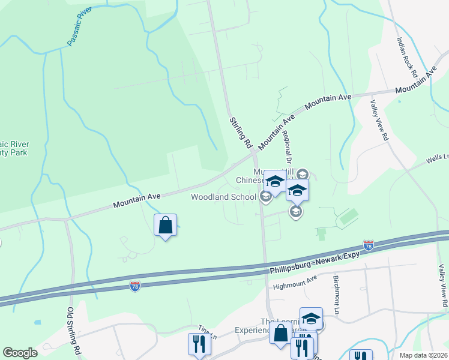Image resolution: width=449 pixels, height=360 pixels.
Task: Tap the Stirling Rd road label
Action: pos(240,133)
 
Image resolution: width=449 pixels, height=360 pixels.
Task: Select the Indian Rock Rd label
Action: pos(406,56)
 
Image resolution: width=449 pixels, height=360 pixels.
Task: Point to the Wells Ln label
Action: pos(437,158)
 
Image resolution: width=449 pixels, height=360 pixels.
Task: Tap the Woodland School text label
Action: pos(224,197)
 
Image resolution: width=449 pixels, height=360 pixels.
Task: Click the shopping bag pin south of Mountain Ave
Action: pos(165,226)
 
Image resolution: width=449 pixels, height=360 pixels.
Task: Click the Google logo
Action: pos(20,353)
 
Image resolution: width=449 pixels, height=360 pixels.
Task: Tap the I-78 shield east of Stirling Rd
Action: pos(369,245)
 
